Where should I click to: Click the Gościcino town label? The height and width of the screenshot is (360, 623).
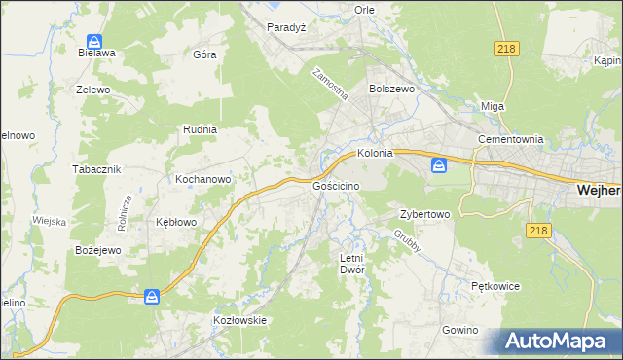click(x=338, y=185)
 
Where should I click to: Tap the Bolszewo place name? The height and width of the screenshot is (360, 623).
click(x=392, y=88)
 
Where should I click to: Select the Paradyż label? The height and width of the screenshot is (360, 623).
click(x=287, y=27)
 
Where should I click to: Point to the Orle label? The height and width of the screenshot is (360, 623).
click(x=365, y=9)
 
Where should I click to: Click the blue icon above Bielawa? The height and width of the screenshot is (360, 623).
click(x=94, y=42)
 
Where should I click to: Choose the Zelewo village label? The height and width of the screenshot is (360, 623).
click(x=94, y=89)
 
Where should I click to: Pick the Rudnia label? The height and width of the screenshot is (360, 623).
click(x=200, y=128)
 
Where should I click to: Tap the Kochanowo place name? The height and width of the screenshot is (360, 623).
click(x=202, y=179)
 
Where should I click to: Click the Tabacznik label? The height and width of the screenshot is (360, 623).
click(x=96, y=168)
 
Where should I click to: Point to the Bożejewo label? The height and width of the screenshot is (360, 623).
click(x=97, y=250)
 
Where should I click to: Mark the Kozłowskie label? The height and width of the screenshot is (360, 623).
click(x=239, y=319)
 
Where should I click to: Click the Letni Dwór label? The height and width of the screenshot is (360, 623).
click(x=350, y=264)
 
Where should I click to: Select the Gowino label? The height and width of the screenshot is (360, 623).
click(x=459, y=330)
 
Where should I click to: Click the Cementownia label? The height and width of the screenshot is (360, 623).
click(x=509, y=139)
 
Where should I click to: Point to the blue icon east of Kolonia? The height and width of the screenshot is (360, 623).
click(x=439, y=165)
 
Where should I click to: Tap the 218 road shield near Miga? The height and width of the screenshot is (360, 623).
click(x=506, y=50)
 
